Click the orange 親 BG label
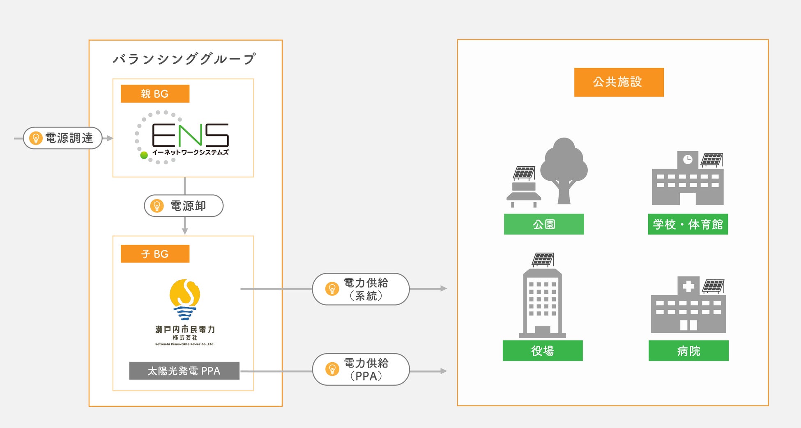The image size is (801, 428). (x=155, y=94)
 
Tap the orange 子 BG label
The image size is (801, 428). (x=155, y=254)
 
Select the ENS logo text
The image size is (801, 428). (x=190, y=135)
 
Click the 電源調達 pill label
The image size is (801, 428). (x=63, y=138)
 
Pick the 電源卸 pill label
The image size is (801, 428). (x=184, y=206)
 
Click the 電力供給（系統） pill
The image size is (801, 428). (x=361, y=289)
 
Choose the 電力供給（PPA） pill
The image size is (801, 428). (x=361, y=369)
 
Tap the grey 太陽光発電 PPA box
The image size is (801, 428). (x=184, y=371)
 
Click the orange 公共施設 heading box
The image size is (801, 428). (x=619, y=82)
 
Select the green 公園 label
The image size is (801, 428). (x=544, y=224)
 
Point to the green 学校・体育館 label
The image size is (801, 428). (x=688, y=224)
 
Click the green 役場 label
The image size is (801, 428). (x=543, y=351)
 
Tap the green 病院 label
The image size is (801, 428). (x=688, y=351)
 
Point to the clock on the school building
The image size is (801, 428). (x=688, y=159)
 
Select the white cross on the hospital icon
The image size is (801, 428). (x=688, y=286)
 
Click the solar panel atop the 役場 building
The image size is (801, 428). (x=543, y=259)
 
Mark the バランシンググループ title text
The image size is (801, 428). (x=184, y=59)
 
